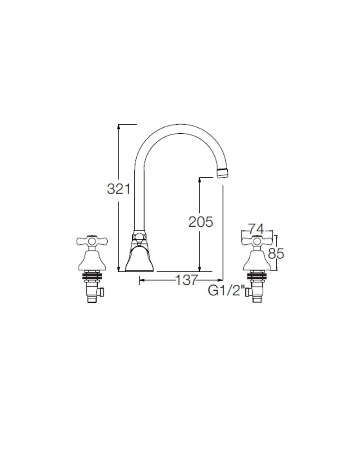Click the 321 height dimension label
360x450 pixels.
pos(118,189)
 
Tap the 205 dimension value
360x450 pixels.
pos(200,221)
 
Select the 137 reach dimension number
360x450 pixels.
pos(186,280)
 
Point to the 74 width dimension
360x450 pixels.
pos(255,228)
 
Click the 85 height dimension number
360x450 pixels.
pos(276,254)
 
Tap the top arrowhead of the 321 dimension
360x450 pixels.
pos(118,126)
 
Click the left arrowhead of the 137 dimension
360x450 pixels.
pos(142,280)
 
